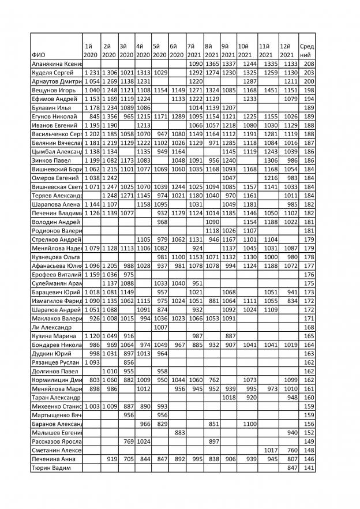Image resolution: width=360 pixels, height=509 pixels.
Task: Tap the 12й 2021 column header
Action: tap(287, 50)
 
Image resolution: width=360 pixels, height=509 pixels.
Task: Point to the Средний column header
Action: tap(307, 50)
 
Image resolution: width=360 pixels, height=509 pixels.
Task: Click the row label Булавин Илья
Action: tap(52, 108)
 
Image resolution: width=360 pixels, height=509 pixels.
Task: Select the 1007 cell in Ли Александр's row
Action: tap(160, 327)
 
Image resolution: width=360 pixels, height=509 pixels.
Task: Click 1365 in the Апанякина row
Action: tap(213, 63)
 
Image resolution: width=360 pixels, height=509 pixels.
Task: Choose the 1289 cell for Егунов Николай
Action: tap(178, 117)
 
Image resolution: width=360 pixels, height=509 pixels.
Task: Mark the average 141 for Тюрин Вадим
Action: tap(309, 468)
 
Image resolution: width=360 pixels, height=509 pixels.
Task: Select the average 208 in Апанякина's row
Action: tap(309, 63)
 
